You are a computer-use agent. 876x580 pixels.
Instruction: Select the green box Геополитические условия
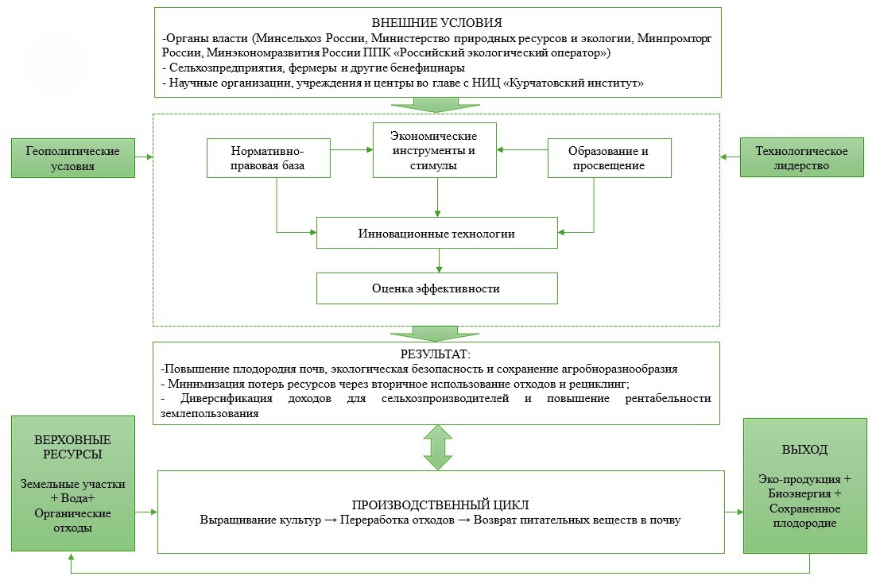point(72,157)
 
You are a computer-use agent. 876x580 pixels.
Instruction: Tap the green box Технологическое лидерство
point(801,157)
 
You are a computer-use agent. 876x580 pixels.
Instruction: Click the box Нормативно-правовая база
point(268,157)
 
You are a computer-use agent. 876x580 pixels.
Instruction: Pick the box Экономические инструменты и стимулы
point(435,149)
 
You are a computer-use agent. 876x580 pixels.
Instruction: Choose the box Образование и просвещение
point(609,157)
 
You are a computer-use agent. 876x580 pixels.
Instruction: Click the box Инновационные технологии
point(436,234)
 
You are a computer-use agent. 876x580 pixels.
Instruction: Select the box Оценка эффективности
point(436,288)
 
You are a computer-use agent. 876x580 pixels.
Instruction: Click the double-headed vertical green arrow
point(437,447)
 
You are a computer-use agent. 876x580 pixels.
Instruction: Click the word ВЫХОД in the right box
point(804,450)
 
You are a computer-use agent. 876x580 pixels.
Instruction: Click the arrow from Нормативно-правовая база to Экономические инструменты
point(351,149)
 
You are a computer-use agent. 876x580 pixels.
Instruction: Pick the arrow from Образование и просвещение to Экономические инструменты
point(523,149)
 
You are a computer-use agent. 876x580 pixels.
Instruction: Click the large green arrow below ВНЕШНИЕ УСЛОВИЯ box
point(436,104)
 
